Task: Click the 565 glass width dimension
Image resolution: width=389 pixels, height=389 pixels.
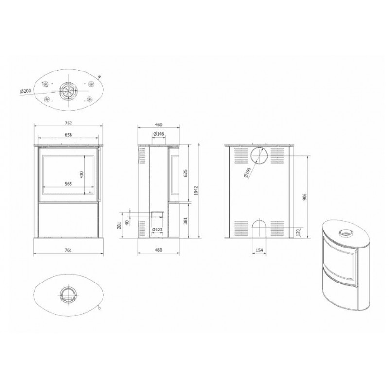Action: [68, 184]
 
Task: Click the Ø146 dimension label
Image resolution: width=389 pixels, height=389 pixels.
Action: [158, 134]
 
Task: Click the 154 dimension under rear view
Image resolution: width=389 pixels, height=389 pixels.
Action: [259, 250]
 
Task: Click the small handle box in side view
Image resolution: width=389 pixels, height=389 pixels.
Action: [157, 213]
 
